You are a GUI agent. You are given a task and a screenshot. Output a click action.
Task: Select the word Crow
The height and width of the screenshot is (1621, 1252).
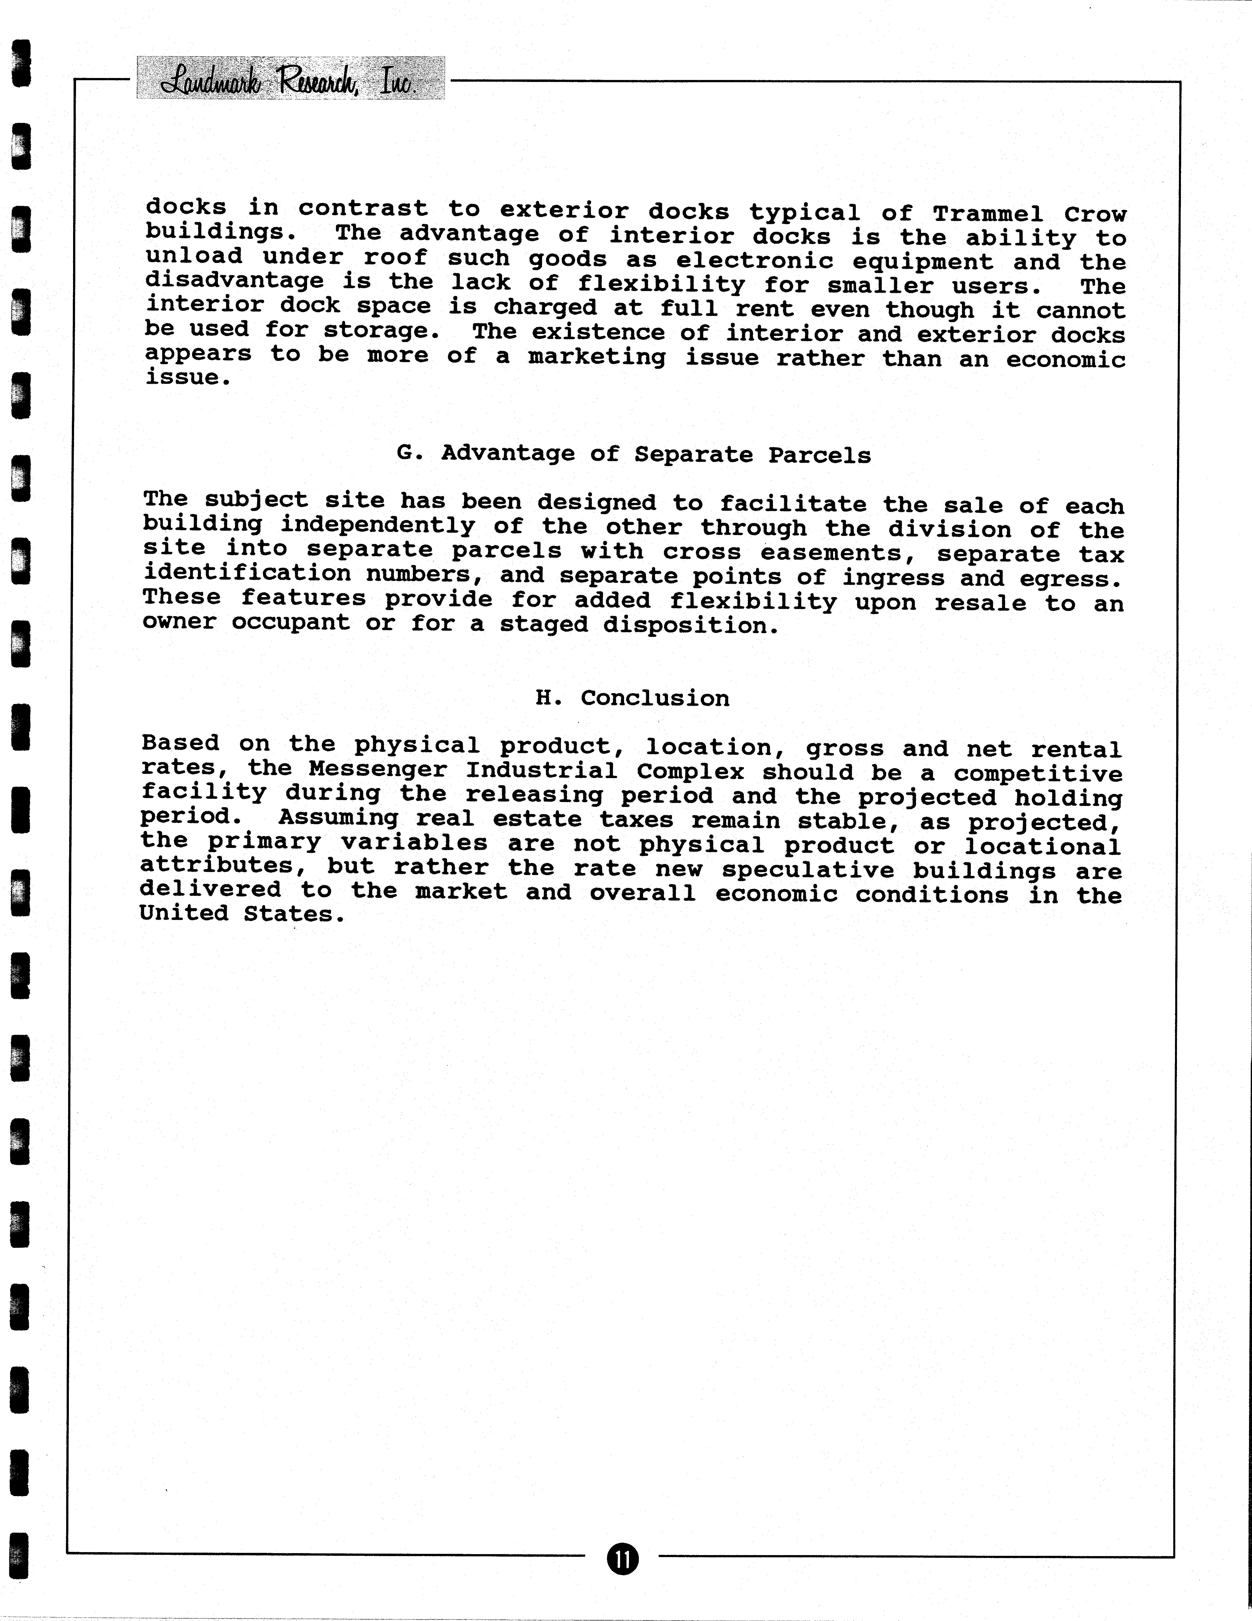[1095, 215]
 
